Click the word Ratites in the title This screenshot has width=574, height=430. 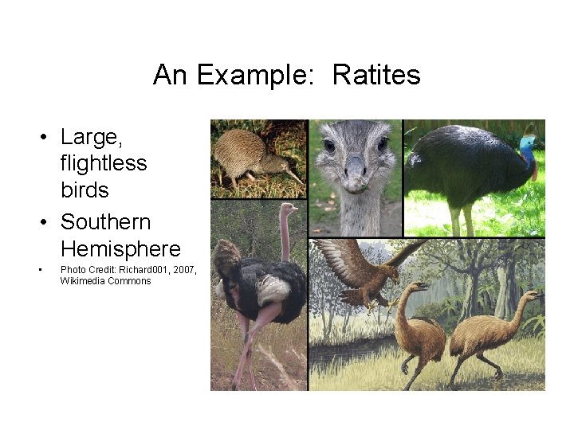(x=375, y=75)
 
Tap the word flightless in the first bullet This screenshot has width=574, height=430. (x=104, y=164)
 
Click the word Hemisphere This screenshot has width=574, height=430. (x=120, y=248)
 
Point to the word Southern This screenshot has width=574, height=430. (x=105, y=221)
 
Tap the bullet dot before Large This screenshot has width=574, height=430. (x=47, y=138)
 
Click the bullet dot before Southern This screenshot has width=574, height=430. (x=47, y=222)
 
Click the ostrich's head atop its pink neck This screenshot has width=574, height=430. (x=288, y=210)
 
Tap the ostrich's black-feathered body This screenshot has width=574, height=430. (x=263, y=287)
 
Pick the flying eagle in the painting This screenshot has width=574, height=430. (x=359, y=271)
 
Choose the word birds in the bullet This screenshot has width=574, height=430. (x=85, y=190)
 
